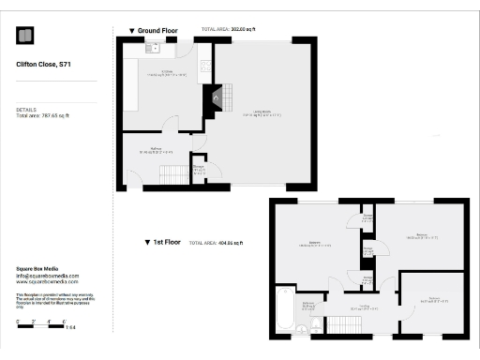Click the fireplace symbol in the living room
pos(217,97)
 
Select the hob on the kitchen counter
pos(203,68)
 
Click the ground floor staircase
pos(173,173)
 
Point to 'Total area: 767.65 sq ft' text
pos(43,115)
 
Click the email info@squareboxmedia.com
pos(48,276)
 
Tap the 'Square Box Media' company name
pos(37,269)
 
